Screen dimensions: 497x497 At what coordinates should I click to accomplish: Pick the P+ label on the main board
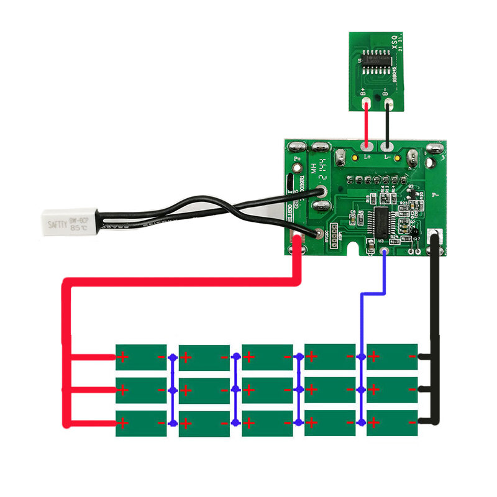click(x=297, y=159)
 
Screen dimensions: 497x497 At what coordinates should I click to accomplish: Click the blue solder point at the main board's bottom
click(x=384, y=252)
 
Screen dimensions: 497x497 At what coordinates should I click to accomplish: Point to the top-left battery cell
click(x=141, y=357)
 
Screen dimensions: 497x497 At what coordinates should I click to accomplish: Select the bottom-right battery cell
click(x=392, y=423)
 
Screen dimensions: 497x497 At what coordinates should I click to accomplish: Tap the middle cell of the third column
click(x=267, y=390)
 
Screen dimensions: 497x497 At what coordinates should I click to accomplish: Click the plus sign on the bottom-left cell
click(x=123, y=423)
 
